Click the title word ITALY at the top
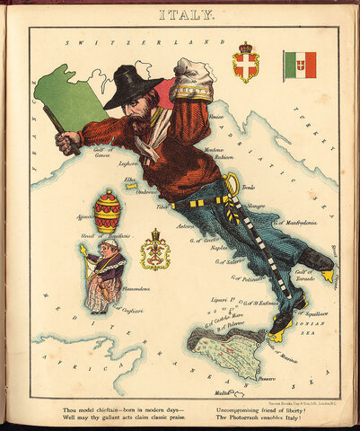(185, 14)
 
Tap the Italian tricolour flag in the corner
(300, 65)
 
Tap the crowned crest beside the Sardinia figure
(155, 251)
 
